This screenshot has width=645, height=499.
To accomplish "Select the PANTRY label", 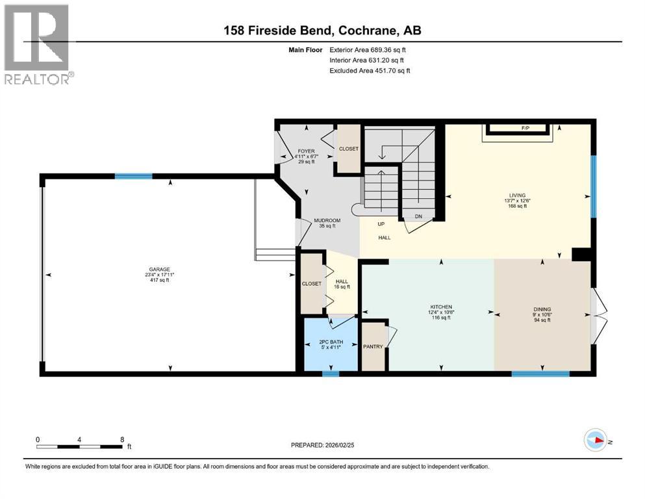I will (x=373, y=346).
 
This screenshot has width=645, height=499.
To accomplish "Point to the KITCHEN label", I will (x=440, y=307).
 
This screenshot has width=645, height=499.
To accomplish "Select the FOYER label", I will (x=305, y=151).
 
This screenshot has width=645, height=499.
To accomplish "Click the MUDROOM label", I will (x=327, y=220).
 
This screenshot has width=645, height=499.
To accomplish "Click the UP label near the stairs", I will (x=382, y=224).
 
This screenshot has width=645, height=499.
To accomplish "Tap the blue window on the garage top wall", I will (x=134, y=175).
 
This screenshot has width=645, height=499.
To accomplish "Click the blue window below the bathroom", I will (x=331, y=373).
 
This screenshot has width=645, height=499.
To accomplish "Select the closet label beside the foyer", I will (x=349, y=149).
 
